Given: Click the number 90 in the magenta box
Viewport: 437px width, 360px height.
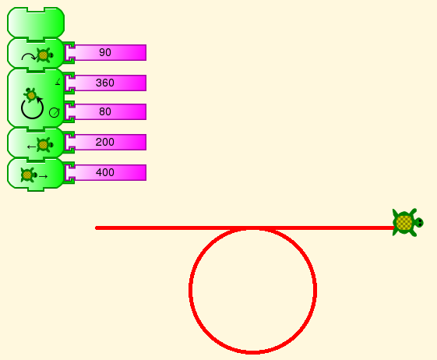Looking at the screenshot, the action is pos(105,52).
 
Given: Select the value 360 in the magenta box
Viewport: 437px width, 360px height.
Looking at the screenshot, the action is pos(105,83).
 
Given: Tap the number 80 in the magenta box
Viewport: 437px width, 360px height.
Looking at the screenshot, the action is pos(105,112).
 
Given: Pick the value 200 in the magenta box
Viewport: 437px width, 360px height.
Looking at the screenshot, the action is pos(105,143).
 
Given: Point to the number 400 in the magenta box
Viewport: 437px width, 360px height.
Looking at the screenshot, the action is pos(105,172).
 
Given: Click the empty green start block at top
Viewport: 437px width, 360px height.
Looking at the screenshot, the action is pos(36,23).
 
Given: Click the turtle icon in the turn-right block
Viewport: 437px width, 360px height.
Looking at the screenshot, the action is pos(44,55).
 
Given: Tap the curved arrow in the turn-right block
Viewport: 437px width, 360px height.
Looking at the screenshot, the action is pos(29,57).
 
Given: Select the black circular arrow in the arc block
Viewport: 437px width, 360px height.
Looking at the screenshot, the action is pos(33,108).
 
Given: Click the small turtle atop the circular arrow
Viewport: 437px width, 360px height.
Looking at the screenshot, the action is pos(30,95).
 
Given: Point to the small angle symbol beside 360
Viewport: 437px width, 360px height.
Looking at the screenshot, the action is pos(58,81).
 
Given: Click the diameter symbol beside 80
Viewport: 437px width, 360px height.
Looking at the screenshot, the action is pos(55,113).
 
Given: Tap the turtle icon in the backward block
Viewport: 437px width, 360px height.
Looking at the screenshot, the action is pos(44,145).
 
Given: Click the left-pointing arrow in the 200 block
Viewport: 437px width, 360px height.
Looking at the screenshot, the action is pos(31,146).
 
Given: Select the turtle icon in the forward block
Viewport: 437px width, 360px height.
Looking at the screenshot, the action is pos(28,175).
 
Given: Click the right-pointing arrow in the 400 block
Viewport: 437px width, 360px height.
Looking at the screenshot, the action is pos(43,177).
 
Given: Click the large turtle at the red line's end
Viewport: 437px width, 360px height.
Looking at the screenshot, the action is pos(407,223).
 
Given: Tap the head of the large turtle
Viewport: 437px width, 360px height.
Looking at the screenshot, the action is pos(419,223).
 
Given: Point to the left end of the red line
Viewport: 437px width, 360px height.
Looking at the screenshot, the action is pos(97,228).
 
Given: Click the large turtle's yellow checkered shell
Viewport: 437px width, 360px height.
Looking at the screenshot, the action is pos(404,223).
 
